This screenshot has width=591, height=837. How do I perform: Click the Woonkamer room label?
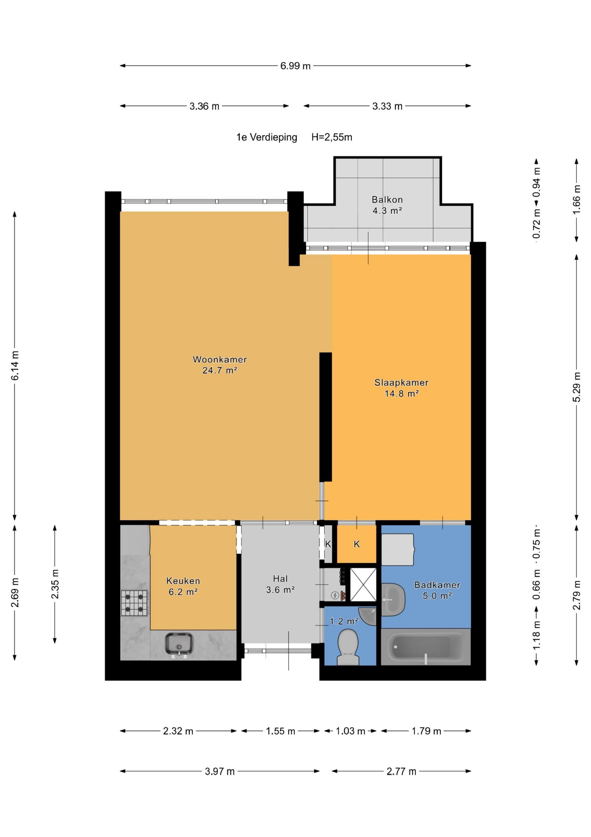point(220,359)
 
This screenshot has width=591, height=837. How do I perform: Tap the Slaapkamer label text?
point(401,383)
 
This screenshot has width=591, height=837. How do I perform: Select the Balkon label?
point(387,200)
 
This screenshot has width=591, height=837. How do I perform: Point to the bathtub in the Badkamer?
point(426,647)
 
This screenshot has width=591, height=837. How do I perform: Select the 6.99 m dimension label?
point(295,66)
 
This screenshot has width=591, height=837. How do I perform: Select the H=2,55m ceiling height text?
point(332,138)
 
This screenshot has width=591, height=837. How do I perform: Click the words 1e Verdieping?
point(267,138)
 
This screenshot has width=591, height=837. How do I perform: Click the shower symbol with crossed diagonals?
point(363,585)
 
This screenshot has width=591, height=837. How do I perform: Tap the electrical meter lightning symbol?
point(334,596)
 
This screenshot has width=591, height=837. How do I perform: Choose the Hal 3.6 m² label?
point(280,585)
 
